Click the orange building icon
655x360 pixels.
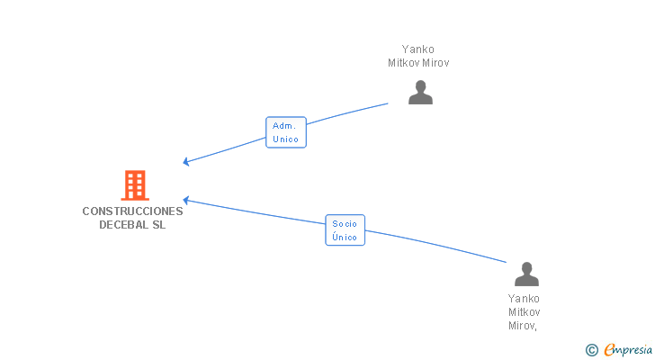tap(134, 185)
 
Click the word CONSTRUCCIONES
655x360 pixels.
tap(132, 211)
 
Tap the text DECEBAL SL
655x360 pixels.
tap(132, 225)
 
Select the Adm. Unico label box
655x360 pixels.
tap(285, 132)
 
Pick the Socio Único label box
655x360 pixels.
tap(345, 230)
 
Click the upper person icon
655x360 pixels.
tap(420, 93)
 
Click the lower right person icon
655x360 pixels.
tap(525, 274)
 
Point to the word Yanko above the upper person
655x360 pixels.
tap(417, 49)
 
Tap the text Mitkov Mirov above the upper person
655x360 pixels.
tap(417, 63)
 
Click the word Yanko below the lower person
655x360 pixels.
tap(524, 298)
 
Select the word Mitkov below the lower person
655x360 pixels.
tap(524, 311)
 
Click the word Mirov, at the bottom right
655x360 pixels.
tap(524, 325)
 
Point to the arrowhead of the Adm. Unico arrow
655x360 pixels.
tap(185, 162)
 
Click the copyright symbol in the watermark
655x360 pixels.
tap(591, 349)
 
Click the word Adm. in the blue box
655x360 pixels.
tap(285, 126)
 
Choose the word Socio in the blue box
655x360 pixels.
tap(345, 223)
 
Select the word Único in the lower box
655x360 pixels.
tap(345, 238)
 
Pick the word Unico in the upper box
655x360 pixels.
tap(285, 139)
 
